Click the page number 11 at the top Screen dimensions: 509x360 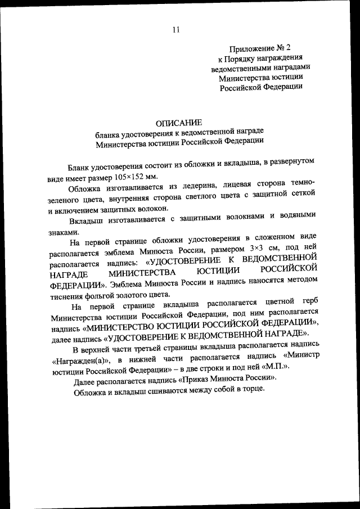pyautogui.click(x=176, y=30)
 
